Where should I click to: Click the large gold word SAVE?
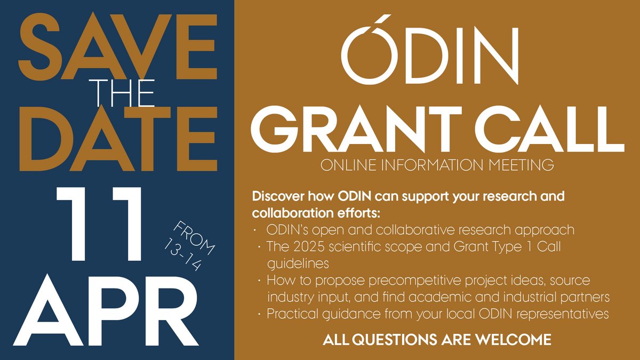tap(118, 46)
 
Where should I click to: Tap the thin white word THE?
tap(122, 93)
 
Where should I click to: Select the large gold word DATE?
tap(118, 139)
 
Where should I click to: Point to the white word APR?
tap(106, 310)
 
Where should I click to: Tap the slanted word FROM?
tap(194, 238)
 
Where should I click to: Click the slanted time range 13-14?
tap(182, 254)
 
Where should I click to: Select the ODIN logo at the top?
tap(430, 50)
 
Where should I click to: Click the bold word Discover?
tap(278, 196)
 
